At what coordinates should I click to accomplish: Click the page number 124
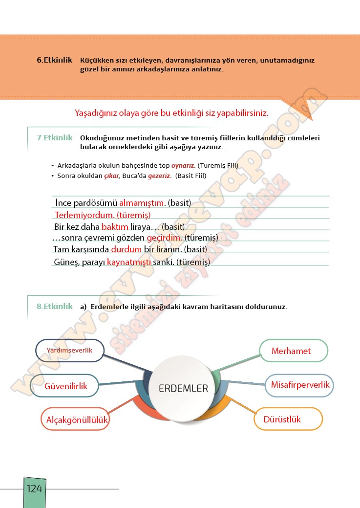tap(35, 488)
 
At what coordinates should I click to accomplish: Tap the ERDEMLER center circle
tap(183, 389)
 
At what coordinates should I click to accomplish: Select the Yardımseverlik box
tap(69, 351)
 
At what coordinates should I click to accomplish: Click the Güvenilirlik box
tap(65, 386)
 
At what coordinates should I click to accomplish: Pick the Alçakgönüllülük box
tap(77, 420)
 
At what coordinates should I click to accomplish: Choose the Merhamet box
tap(292, 351)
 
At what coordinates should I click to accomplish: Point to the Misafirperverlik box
tap(300, 385)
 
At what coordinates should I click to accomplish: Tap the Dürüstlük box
tap(288, 419)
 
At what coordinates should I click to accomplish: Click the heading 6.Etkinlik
tap(55, 60)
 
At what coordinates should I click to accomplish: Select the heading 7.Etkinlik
tap(55, 138)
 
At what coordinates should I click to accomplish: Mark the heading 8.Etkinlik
tap(55, 307)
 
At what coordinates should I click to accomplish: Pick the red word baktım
tap(115, 227)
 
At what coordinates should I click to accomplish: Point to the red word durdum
tap(126, 249)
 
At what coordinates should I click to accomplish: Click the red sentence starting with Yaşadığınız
tap(171, 113)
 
